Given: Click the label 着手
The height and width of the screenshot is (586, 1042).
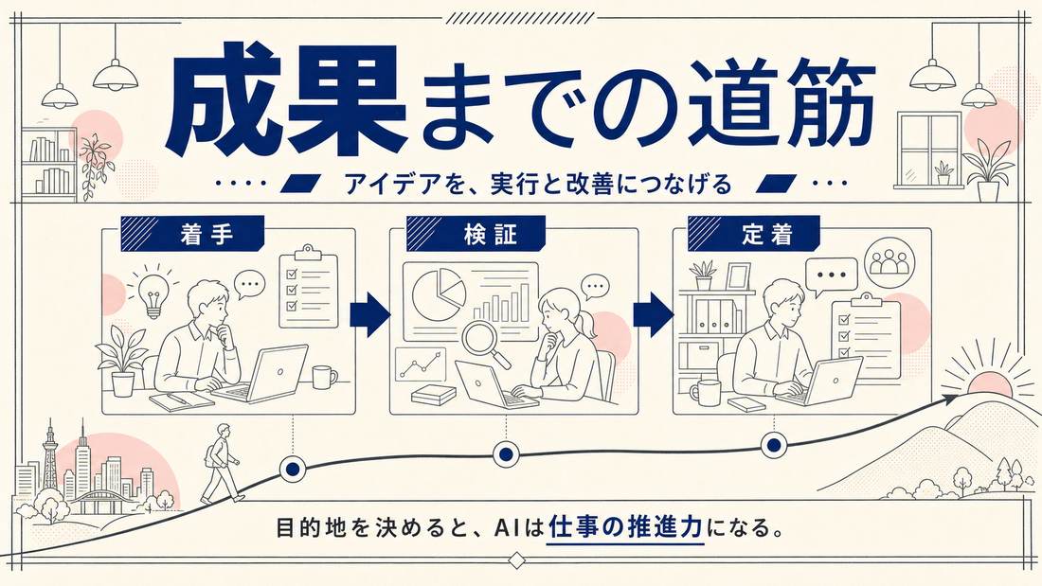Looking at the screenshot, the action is [206, 235].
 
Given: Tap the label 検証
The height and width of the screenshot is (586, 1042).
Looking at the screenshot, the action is [491, 235].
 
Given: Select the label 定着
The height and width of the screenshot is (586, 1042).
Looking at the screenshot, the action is [767, 235].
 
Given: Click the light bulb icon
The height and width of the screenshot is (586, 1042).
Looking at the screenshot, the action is [153, 292].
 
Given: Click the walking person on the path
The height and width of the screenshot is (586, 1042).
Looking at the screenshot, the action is [219, 463].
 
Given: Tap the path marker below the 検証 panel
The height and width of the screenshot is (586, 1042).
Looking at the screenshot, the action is [506, 454].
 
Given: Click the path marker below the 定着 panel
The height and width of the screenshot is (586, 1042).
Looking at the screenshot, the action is [774, 445].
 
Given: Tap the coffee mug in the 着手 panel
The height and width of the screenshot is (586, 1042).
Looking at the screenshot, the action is [324, 377].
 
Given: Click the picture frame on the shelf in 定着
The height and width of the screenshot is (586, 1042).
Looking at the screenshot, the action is [738, 276].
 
